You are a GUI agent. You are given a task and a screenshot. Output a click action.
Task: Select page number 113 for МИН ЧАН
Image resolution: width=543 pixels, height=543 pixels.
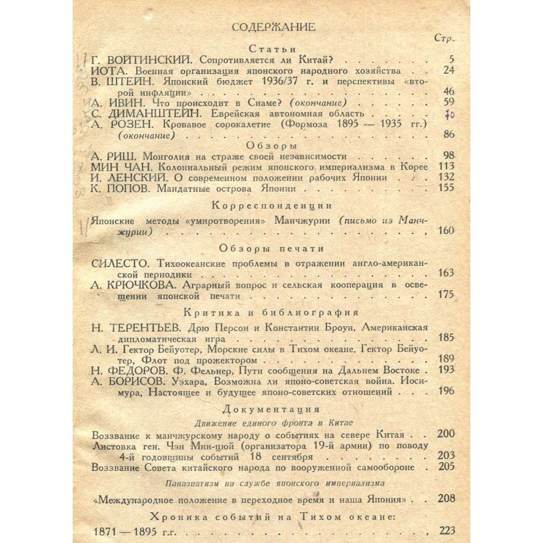pos(444,167)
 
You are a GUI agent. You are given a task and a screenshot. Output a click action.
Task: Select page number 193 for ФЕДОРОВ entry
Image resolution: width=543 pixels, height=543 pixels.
pos(444,370)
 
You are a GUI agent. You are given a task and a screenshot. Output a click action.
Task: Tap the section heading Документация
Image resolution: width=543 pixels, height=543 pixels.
pos(271,410)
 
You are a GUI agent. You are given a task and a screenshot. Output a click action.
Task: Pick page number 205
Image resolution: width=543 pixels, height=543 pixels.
pos(444,467)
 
